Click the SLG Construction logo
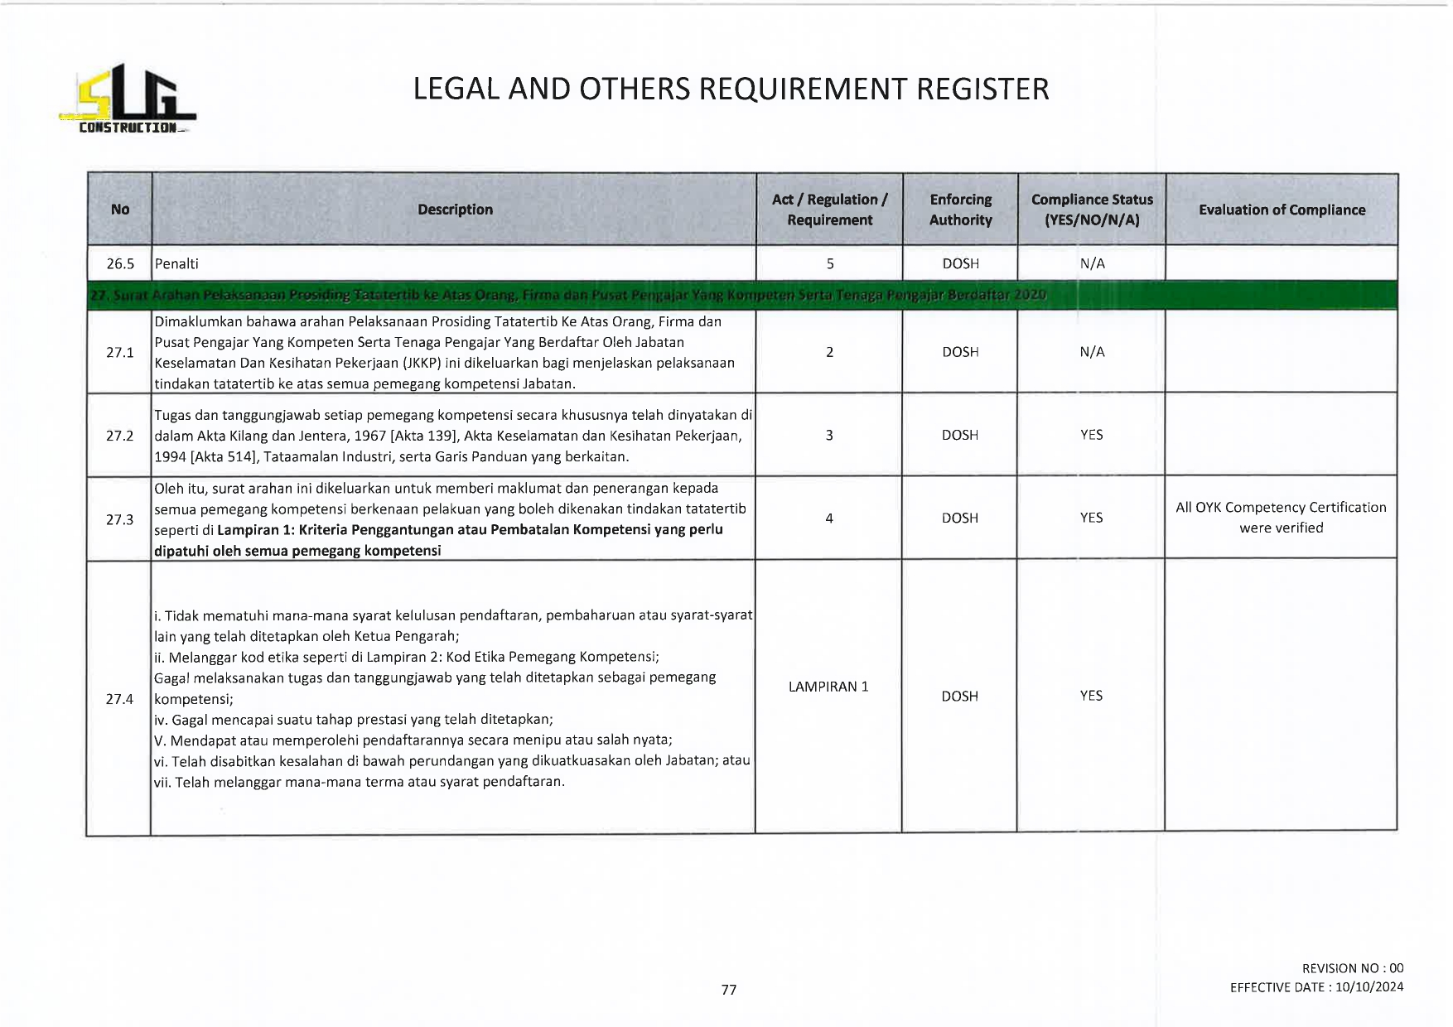coord(128,100)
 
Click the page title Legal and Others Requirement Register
coord(731,89)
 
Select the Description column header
coord(455,210)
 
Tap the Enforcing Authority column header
coord(960,210)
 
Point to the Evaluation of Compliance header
coord(1282,210)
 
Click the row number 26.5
coord(120,263)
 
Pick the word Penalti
coord(176,263)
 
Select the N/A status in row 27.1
coord(1092,352)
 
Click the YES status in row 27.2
coord(1091,435)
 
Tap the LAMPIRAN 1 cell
coord(828,687)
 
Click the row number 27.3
coord(120,519)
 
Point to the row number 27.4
coord(120,699)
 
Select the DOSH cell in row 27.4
coord(959,697)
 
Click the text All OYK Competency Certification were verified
coord(1281,518)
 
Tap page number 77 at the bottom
coord(729,990)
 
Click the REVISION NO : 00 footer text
coord(1352,968)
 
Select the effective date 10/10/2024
coord(1369,987)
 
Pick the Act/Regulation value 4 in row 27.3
coord(828,518)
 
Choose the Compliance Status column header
coord(1092,210)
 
